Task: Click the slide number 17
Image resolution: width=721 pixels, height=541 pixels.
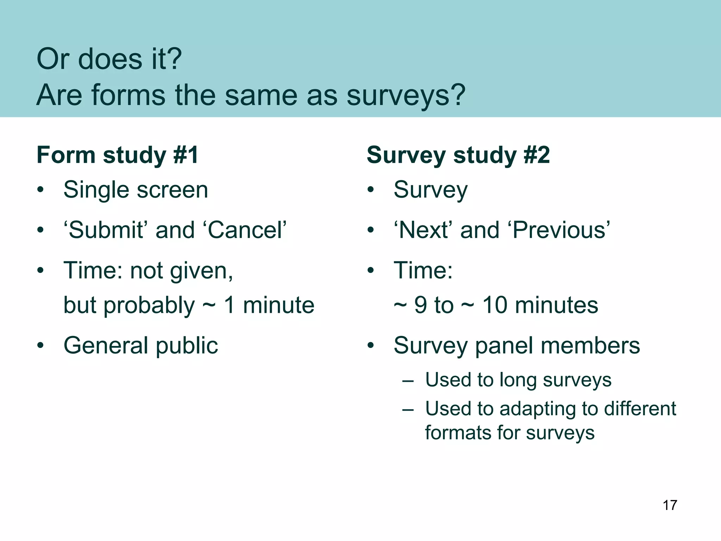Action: coord(670,505)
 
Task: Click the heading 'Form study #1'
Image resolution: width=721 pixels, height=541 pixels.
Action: coord(118,155)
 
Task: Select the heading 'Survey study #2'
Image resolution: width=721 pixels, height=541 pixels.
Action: coord(458,155)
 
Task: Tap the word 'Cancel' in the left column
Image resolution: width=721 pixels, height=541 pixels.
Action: coord(245,230)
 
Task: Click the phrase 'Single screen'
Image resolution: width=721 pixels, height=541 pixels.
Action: coord(136,190)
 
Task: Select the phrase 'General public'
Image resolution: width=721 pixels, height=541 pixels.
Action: coord(140,346)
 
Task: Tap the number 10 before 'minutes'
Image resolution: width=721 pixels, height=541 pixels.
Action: coord(495,305)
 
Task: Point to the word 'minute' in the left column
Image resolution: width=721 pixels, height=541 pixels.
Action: coord(278,305)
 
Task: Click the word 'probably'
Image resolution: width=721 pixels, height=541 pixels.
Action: coord(149,306)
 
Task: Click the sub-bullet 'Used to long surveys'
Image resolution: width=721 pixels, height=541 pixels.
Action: coord(518,380)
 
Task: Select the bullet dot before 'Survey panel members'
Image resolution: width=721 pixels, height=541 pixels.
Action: coord(370,346)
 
